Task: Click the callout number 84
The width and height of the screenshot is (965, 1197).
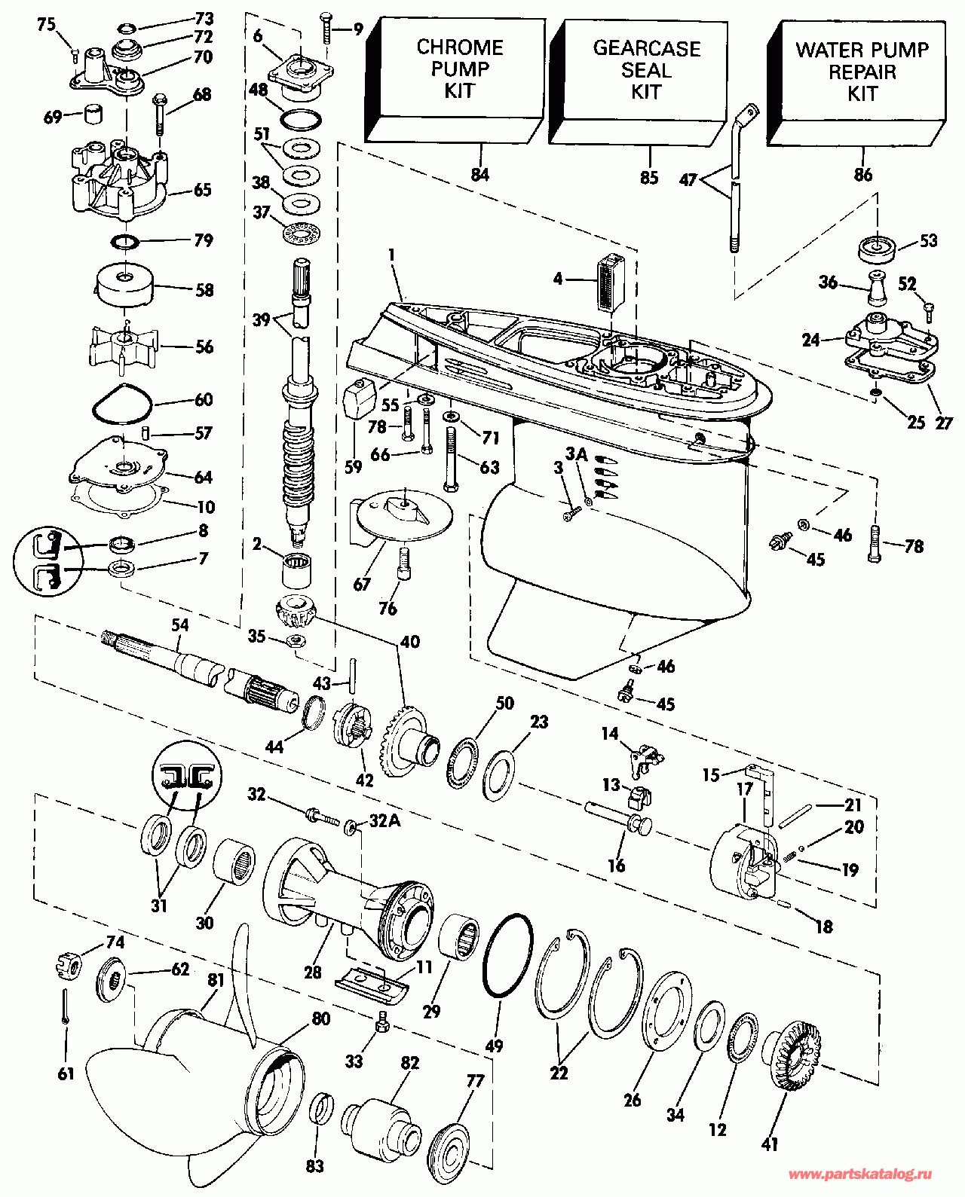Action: (480, 175)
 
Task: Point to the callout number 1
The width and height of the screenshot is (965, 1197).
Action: (392, 255)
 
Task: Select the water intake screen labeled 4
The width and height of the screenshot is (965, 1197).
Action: (611, 284)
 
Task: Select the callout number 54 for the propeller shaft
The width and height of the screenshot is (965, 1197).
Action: (180, 625)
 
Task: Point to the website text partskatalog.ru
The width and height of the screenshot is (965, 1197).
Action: (861, 1174)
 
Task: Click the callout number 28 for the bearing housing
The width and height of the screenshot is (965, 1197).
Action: (312, 972)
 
